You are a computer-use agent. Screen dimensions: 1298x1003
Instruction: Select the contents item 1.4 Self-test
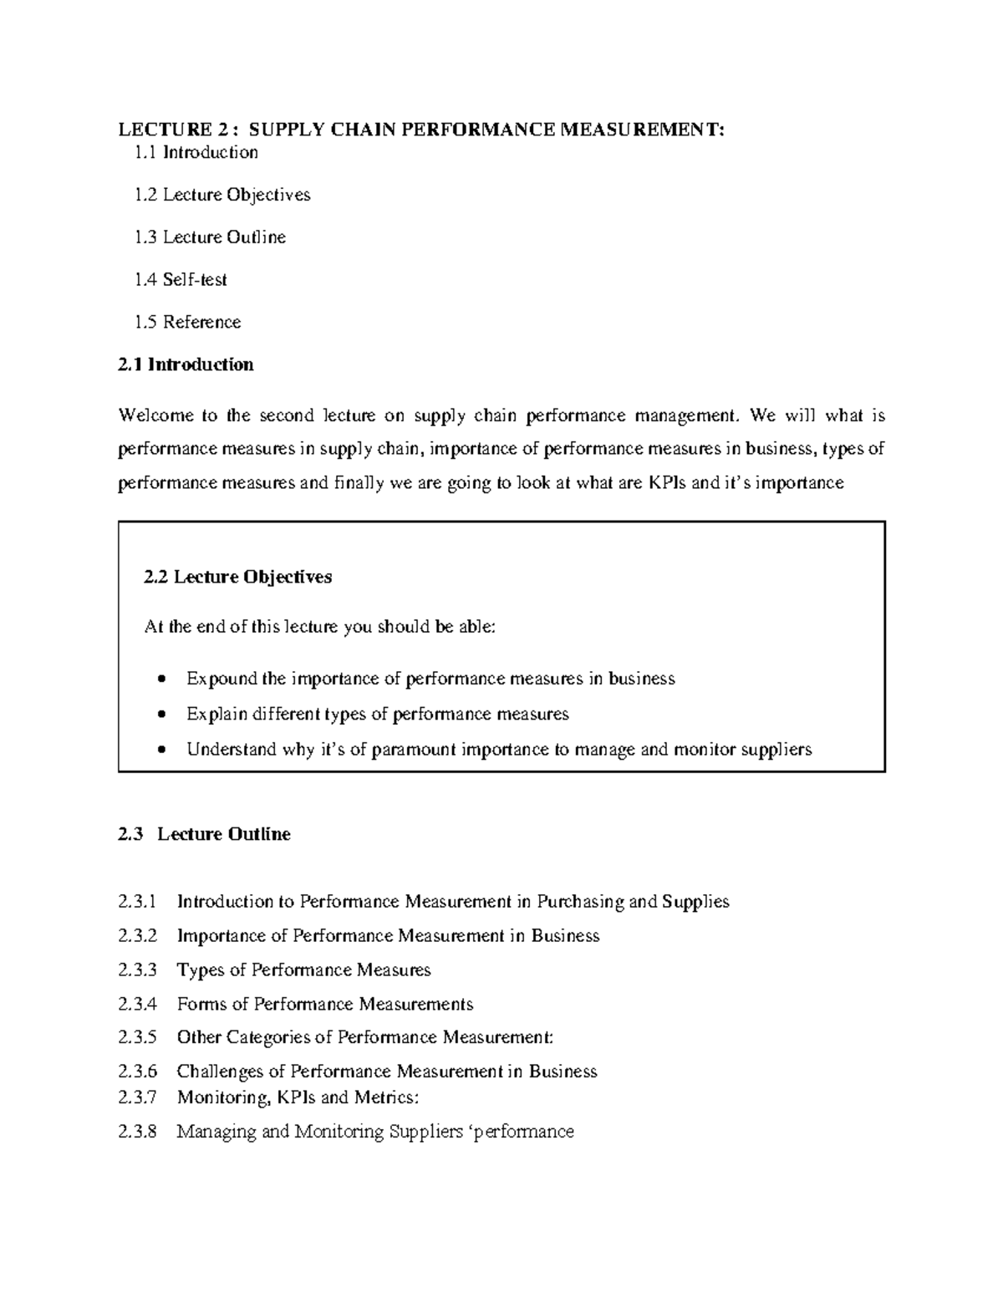point(181,280)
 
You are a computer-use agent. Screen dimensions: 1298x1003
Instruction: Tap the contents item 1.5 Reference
point(187,323)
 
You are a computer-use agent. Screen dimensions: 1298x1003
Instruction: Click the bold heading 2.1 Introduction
point(186,364)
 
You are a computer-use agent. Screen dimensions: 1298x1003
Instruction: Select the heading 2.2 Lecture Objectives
point(238,577)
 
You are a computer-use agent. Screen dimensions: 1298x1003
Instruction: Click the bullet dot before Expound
point(162,679)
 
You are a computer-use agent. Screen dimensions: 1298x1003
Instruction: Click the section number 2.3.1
point(137,902)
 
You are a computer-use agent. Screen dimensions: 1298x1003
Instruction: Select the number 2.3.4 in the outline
point(137,1004)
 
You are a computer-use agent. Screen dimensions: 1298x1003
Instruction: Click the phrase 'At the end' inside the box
point(182,627)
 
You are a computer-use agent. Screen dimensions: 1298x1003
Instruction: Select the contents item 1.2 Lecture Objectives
point(221,195)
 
